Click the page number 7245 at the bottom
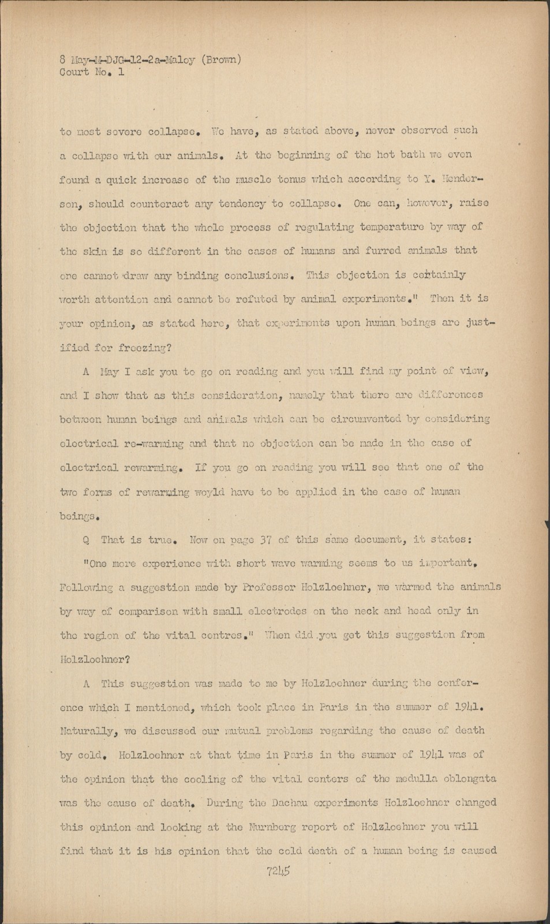point(278,871)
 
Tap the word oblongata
point(468,778)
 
